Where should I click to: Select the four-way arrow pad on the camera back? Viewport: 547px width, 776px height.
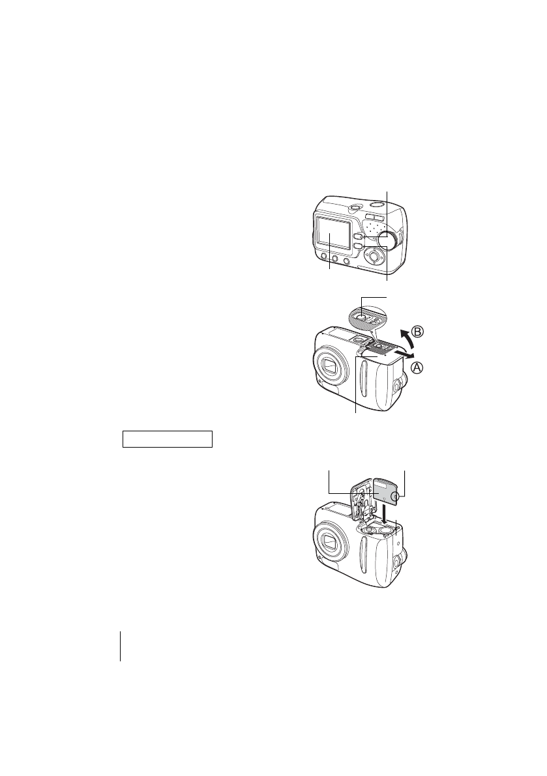(x=374, y=256)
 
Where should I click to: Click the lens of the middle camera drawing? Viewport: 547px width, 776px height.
(x=330, y=368)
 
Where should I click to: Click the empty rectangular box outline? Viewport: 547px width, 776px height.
(x=168, y=438)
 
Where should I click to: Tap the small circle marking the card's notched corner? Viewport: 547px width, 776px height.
(x=396, y=498)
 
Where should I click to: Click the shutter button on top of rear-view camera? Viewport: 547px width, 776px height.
(x=352, y=208)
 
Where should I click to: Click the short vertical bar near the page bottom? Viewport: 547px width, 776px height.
(x=121, y=646)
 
